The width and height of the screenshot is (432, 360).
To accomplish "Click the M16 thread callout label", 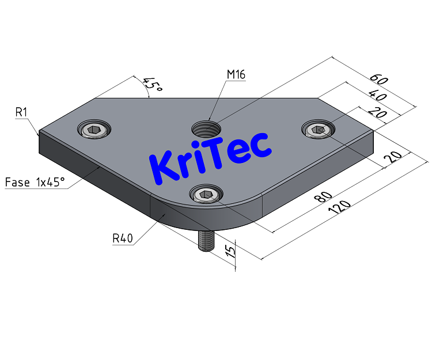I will pyautogui.click(x=236, y=74).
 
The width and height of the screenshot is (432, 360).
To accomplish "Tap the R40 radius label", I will pyautogui.click(x=123, y=237).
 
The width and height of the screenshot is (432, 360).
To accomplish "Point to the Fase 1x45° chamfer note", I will pyautogui.click(x=35, y=183).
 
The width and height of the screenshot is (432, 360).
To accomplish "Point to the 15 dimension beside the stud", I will pyautogui.click(x=230, y=252).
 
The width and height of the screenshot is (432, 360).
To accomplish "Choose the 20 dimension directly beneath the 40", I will pyautogui.click(x=377, y=113).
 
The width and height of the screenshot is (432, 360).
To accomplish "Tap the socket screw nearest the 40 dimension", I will pyautogui.click(x=318, y=130).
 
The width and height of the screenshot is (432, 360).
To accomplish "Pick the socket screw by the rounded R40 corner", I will pyautogui.click(x=206, y=196).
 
